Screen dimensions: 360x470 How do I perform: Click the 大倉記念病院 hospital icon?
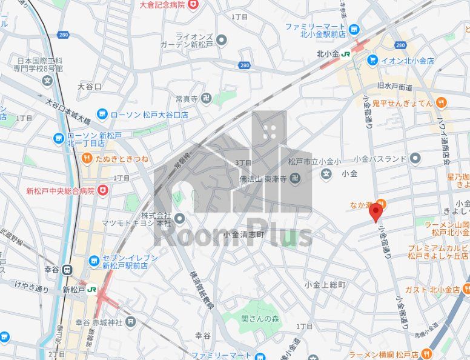193,5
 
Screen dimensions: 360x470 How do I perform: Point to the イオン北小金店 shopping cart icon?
372,60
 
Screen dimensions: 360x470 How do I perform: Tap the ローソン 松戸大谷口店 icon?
102,114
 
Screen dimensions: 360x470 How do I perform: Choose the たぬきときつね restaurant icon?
87,159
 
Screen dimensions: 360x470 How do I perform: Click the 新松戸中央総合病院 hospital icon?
103,191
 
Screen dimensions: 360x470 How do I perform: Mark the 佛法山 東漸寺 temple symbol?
294,178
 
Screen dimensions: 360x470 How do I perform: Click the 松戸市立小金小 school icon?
326,174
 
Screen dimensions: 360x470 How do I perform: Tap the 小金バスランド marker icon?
415,159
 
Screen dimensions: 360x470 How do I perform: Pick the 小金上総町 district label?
325,284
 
